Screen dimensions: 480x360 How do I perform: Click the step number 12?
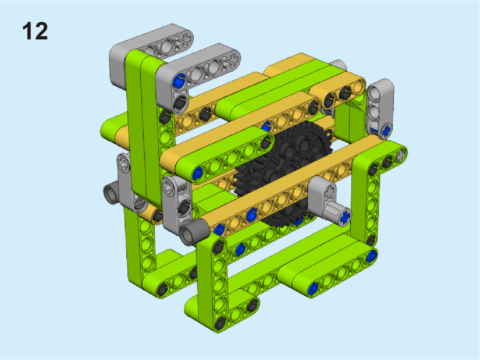35,31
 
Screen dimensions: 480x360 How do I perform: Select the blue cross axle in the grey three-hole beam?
386,130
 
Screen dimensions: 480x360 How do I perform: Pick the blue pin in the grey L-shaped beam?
179,81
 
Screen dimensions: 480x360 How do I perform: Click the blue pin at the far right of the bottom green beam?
371,256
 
